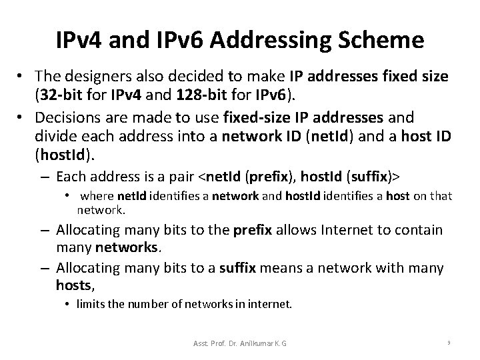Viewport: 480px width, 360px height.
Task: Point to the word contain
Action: point(419,230)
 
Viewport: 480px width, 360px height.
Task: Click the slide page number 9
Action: point(450,343)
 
